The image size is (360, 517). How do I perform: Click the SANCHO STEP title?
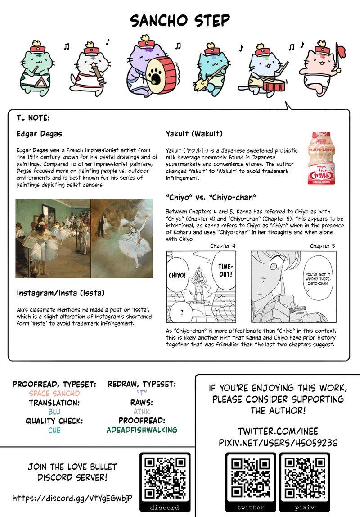(180, 21)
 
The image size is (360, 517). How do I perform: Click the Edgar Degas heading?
(39, 134)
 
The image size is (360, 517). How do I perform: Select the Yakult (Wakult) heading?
(194, 134)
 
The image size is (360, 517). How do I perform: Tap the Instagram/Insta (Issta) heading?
(61, 293)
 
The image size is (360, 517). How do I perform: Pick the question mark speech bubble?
(181, 312)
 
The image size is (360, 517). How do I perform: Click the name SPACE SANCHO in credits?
(54, 393)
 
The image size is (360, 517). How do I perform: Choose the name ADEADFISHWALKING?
(142, 430)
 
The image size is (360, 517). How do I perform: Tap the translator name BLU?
(54, 411)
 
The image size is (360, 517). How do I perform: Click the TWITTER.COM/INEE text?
(277, 431)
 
